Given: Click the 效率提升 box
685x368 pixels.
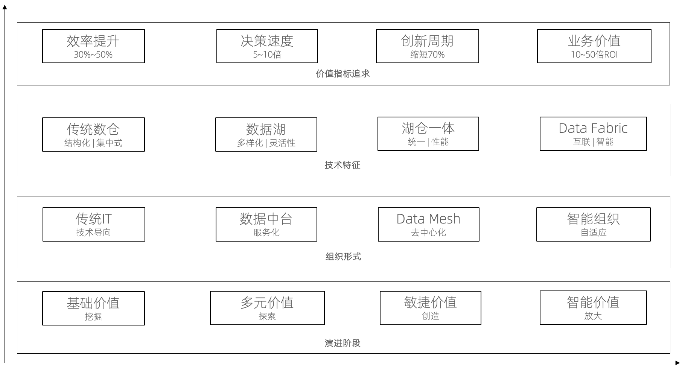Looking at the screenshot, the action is (93, 46).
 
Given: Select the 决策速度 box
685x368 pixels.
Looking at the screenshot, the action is (267, 46).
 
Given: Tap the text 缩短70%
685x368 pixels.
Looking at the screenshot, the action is (428, 55).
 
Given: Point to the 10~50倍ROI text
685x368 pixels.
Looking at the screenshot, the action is (594, 55).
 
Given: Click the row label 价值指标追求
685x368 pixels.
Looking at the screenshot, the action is (343, 74).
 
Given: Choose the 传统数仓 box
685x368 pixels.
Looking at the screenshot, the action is (93, 134).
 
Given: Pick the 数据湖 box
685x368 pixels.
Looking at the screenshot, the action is (266, 134).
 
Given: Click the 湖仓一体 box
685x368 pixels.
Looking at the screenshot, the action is (428, 134).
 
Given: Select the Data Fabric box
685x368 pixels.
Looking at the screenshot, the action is (593, 134).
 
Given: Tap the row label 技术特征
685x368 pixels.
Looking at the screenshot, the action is (343, 165).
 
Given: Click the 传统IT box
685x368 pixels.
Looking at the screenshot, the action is (94, 224).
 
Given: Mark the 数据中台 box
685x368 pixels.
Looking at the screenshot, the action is (266, 224).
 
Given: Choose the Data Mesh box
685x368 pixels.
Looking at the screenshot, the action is (429, 224).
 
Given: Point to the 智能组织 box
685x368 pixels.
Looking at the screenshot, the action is (594, 224).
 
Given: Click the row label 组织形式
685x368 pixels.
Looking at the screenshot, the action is (343, 257).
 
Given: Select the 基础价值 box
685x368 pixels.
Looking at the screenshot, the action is (93, 308).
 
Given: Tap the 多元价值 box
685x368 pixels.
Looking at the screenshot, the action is (267, 308).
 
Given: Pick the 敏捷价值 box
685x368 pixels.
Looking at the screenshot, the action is (431, 308).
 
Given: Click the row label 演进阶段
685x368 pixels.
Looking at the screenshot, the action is (343, 343).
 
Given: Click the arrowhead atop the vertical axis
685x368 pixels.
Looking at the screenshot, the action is (5, 7).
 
